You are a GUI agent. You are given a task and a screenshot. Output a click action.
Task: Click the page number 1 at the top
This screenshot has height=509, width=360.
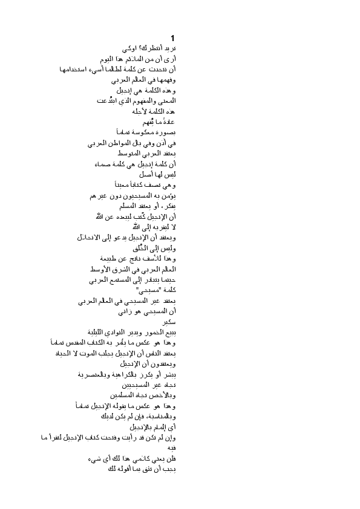pyautogui.click(x=172, y=38)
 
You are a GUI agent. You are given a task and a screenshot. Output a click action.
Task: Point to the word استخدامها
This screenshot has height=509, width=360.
pyautogui.click(x=77, y=69)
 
